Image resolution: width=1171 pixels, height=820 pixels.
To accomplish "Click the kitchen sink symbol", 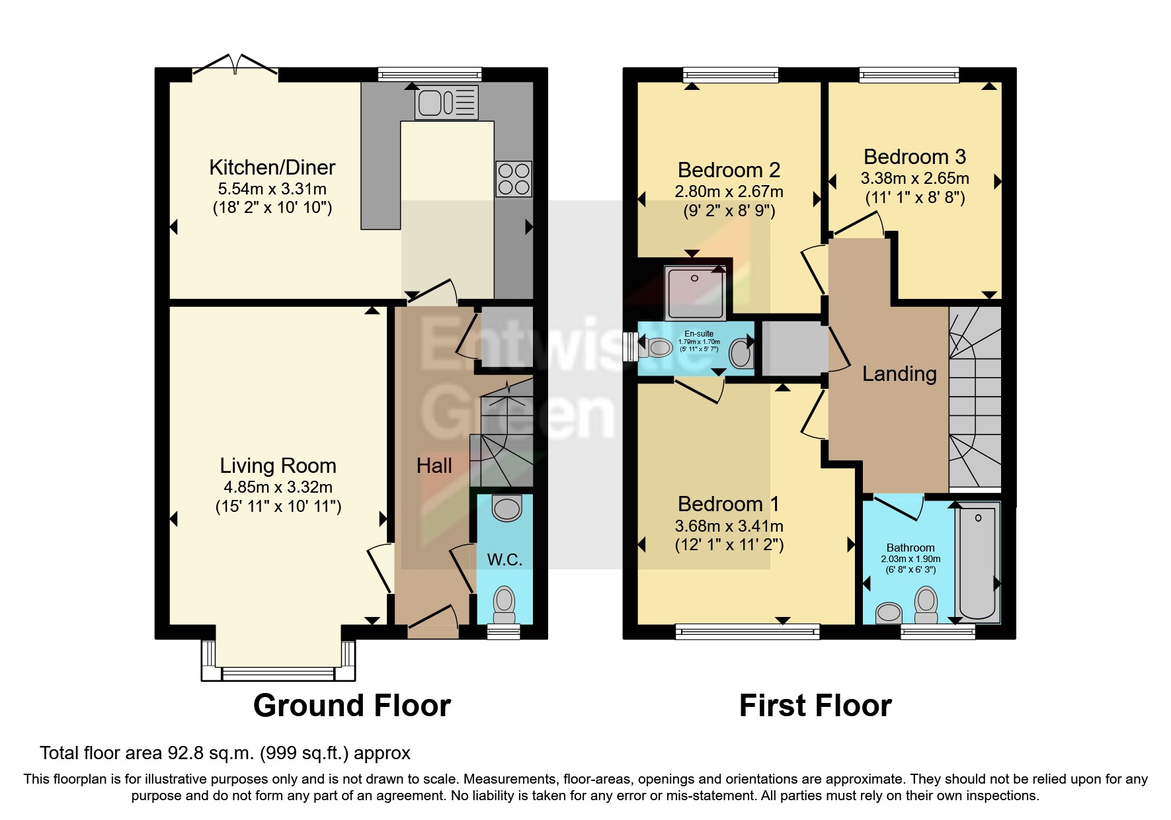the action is (446, 102).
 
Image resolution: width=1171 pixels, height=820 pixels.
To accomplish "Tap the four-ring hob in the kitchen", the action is (514, 179).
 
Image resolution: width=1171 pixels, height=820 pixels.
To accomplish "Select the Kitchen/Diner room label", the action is (272, 167).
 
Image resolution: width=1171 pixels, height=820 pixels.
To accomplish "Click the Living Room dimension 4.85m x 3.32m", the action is (278, 487).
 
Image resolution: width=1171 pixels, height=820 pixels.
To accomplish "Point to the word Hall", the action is (434, 466).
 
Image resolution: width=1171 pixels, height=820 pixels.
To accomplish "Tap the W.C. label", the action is (505, 560).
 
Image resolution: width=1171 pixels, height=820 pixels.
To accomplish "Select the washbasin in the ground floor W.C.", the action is (507, 509).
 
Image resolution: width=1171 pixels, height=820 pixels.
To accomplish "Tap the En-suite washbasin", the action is (741, 352).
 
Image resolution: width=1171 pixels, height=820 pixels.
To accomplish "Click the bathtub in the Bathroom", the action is (977, 562).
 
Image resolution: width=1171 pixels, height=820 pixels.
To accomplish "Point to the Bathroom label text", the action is (910, 548).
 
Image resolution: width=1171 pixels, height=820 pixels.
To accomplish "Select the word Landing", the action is (899, 374).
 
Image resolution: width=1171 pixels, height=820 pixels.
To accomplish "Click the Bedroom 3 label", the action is (914, 157).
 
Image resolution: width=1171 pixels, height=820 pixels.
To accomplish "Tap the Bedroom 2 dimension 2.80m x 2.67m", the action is (729, 192).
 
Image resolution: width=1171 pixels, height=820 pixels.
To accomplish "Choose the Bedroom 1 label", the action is (729, 504).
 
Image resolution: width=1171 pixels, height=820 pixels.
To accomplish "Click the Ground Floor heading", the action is (352, 706).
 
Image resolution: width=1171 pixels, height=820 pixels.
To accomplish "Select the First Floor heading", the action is (815, 706).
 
